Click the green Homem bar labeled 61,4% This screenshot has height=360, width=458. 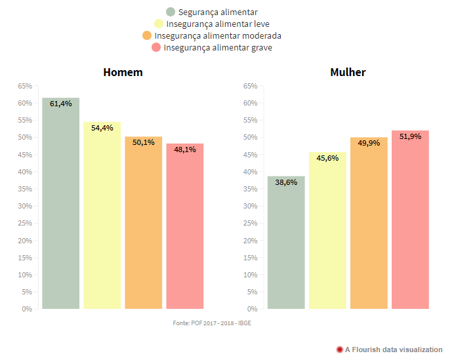point(61,203)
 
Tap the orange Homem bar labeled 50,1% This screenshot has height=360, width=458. point(144,222)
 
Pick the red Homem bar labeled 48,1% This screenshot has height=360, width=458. point(185,226)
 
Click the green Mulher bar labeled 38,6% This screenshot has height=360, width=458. point(286,242)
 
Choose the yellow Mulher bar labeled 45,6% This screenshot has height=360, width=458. point(327,230)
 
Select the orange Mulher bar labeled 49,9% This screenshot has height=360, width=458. point(369,223)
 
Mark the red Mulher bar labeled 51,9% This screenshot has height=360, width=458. point(410,220)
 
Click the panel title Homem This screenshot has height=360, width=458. point(123,72)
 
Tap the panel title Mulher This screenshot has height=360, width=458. point(348,72)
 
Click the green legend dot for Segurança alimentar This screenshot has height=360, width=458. point(171,12)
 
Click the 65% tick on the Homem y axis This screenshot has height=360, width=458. point(24,86)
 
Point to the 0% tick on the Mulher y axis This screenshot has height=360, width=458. point(251,309)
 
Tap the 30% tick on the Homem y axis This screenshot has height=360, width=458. point(24,206)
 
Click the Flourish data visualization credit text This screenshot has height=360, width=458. point(394,350)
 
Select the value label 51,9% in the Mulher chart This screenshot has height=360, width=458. point(410,136)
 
